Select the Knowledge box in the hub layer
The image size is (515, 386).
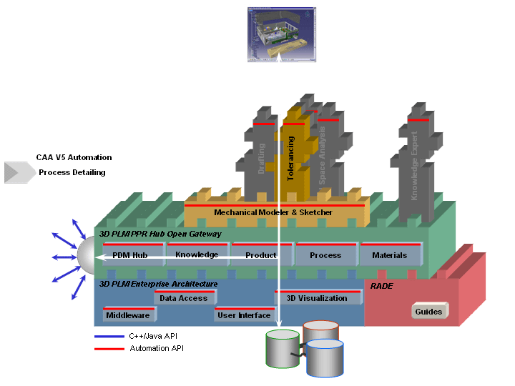pyautogui.click(x=197, y=254)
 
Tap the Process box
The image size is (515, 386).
pyautogui.click(x=325, y=255)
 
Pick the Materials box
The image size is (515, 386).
pyautogui.click(x=390, y=255)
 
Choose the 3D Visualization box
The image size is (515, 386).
pyautogui.click(x=316, y=298)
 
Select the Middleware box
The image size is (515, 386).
pyautogui.click(x=127, y=315)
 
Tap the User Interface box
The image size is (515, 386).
pyautogui.click(x=244, y=315)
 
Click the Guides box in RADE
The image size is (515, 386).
pyautogui.click(x=429, y=312)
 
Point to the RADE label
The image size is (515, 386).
pyautogui.click(x=382, y=285)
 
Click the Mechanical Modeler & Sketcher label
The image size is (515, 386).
pyautogui.click(x=273, y=212)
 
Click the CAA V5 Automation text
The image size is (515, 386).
pyautogui.click(x=74, y=157)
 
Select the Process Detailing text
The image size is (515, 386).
pyautogui.click(x=72, y=172)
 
